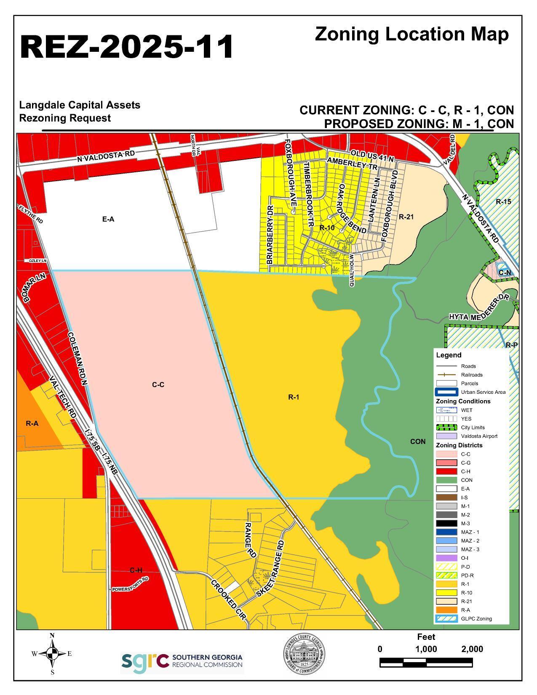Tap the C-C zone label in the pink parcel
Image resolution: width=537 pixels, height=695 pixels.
pos(158,385)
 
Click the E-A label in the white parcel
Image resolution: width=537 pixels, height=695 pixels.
pos(108,219)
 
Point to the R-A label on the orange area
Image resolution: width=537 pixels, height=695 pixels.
pos(32,423)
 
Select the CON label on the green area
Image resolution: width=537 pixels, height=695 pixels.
pos(417,441)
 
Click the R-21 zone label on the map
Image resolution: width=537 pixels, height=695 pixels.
pos(406,217)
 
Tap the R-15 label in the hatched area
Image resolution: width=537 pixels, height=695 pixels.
pos(503,202)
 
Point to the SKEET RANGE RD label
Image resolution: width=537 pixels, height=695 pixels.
pos(270,569)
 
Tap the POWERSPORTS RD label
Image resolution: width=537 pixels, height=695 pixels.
pos(130,585)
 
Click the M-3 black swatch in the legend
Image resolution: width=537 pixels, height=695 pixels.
pos(446,524)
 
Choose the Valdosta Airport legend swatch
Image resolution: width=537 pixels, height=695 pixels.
pos(446,436)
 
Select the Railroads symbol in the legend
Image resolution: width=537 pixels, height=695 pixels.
pos(446,375)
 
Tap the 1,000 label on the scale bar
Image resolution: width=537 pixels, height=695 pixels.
pos(426,649)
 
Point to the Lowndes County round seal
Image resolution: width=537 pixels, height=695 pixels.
pos(304,654)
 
